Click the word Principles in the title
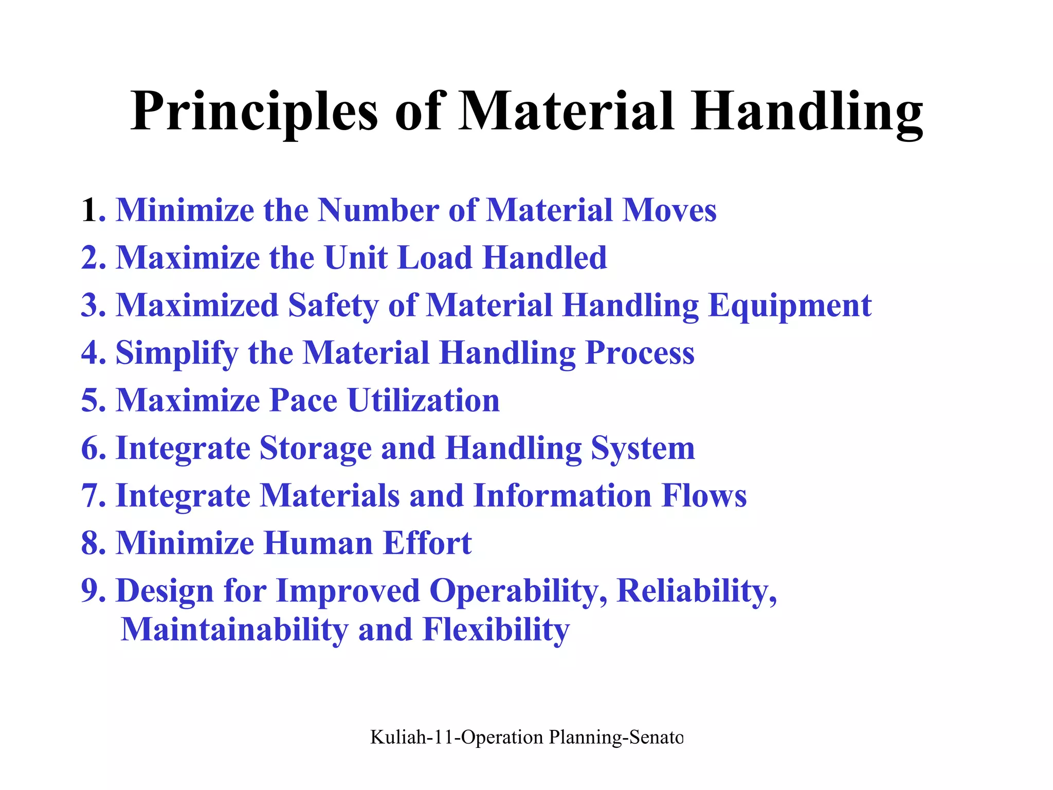(x=254, y=112)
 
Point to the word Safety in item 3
(x=333, y=306)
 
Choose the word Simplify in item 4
(x=177, y=354)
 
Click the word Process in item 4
(x=640, y=353)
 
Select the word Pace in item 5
(x=303, y=401)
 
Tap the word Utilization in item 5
(x=423, y=401)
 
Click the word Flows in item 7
(x=704, y=496)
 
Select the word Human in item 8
(x=318, y=543)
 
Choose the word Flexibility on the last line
(x=496, y=630)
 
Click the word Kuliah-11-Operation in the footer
(x=456, y=738)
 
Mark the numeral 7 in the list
(x=89, y=496)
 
